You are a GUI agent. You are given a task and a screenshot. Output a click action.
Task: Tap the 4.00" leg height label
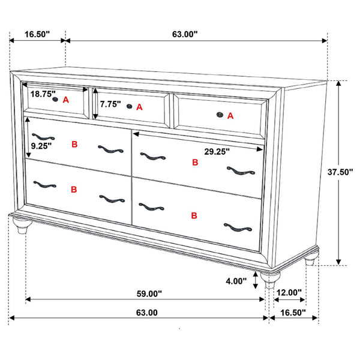[236, 281]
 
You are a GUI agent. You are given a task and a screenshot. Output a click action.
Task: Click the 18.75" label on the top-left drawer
[41, 94]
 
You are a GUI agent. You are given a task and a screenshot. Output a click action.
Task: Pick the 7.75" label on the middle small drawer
[110, 104]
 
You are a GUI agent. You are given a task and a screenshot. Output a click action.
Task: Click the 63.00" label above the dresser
[184, 35]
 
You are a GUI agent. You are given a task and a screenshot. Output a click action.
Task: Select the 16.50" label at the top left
[37, 35]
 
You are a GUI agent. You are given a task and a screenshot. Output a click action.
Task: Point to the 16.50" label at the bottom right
[290, 313]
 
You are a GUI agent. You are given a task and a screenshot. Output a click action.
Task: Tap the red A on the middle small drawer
[140, 107]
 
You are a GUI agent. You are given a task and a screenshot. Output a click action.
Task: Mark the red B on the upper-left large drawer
[74, 145]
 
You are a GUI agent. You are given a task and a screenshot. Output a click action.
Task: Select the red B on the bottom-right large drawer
[194, 215]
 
